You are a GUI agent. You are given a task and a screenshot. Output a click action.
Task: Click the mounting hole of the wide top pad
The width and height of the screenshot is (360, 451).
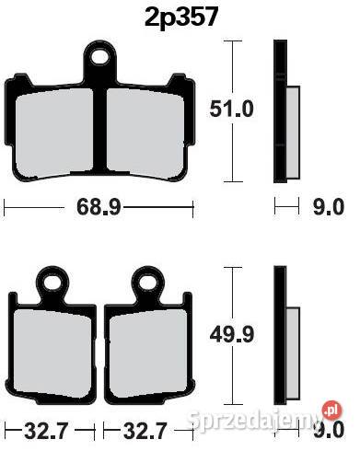101,59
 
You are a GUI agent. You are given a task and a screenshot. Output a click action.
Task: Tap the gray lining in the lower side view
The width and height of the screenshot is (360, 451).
292,350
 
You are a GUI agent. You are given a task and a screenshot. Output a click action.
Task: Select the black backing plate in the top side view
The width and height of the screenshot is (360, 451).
279,110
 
